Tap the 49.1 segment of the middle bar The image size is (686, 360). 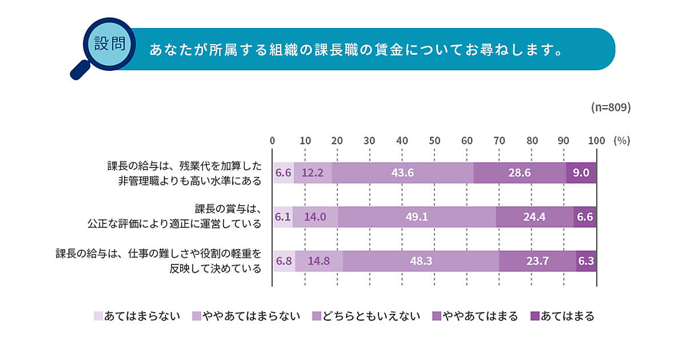(417, 217)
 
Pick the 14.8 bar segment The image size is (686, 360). (319, 261)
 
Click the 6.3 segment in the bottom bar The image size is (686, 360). (587, 261)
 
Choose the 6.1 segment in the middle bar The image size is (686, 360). (283, 217)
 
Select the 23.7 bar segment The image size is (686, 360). (537, 261)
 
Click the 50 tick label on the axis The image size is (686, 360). (434, 141)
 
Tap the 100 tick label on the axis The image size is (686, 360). (596, 141)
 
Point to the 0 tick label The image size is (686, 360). (273, 141)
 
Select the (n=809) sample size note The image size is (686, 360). (611, 107)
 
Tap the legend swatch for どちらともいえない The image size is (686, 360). (316, 316)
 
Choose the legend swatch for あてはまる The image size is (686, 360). (535, 316)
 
